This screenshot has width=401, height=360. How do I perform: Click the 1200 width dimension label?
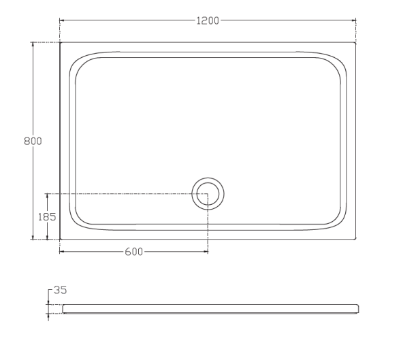[x=208, y=20]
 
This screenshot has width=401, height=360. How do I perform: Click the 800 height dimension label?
[x=33, y=141]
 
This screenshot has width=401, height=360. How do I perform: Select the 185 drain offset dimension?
[x=47, y=216]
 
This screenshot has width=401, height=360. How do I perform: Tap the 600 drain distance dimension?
[x=134, y=252]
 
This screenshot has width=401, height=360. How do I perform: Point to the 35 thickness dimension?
[x=60, y=290]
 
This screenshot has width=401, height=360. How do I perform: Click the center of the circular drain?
[x=208, y=194]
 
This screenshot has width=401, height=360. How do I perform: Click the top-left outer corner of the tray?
[x=61, y=43]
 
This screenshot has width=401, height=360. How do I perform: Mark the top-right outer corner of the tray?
[x=355, y=43]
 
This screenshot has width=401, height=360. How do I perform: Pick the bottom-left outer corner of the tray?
[x=61, y=239]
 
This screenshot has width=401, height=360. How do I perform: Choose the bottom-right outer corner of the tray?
[x=355, y=239]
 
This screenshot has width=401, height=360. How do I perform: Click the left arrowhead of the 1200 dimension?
[x=62, y=20]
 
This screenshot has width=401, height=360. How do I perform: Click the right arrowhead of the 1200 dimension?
[x=354, y=20]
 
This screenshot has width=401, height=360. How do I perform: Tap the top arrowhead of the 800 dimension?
[x=33, y=45]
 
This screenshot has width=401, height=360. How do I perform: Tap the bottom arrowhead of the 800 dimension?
[x=33, y=237]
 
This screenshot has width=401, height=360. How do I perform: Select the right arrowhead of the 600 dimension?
[x=206, y=252]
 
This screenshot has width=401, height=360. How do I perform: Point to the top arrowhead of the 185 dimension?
[x=47, y=196]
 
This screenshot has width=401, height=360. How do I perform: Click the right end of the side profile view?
[x=357, y=309]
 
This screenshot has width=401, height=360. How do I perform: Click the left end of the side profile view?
[x=63, y=309]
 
